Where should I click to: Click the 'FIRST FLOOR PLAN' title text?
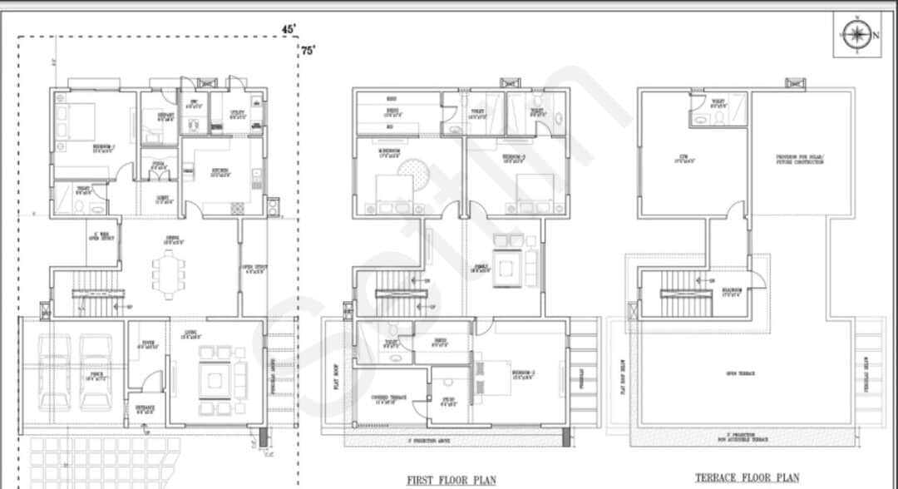(x=451, y=480)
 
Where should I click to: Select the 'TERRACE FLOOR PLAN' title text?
(x=748, y=477)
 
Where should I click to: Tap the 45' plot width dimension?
(x=289, y=28)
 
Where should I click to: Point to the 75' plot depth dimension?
(x=308, y=51)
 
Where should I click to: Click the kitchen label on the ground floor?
(x=220, y=173)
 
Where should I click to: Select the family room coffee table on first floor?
(x=504, y=269)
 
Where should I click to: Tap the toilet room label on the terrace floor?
(x=718, y=104)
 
